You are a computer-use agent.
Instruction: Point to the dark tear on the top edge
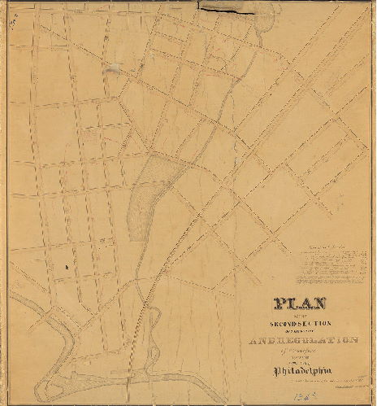[228, 9]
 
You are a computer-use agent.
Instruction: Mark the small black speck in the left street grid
[67, 266]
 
